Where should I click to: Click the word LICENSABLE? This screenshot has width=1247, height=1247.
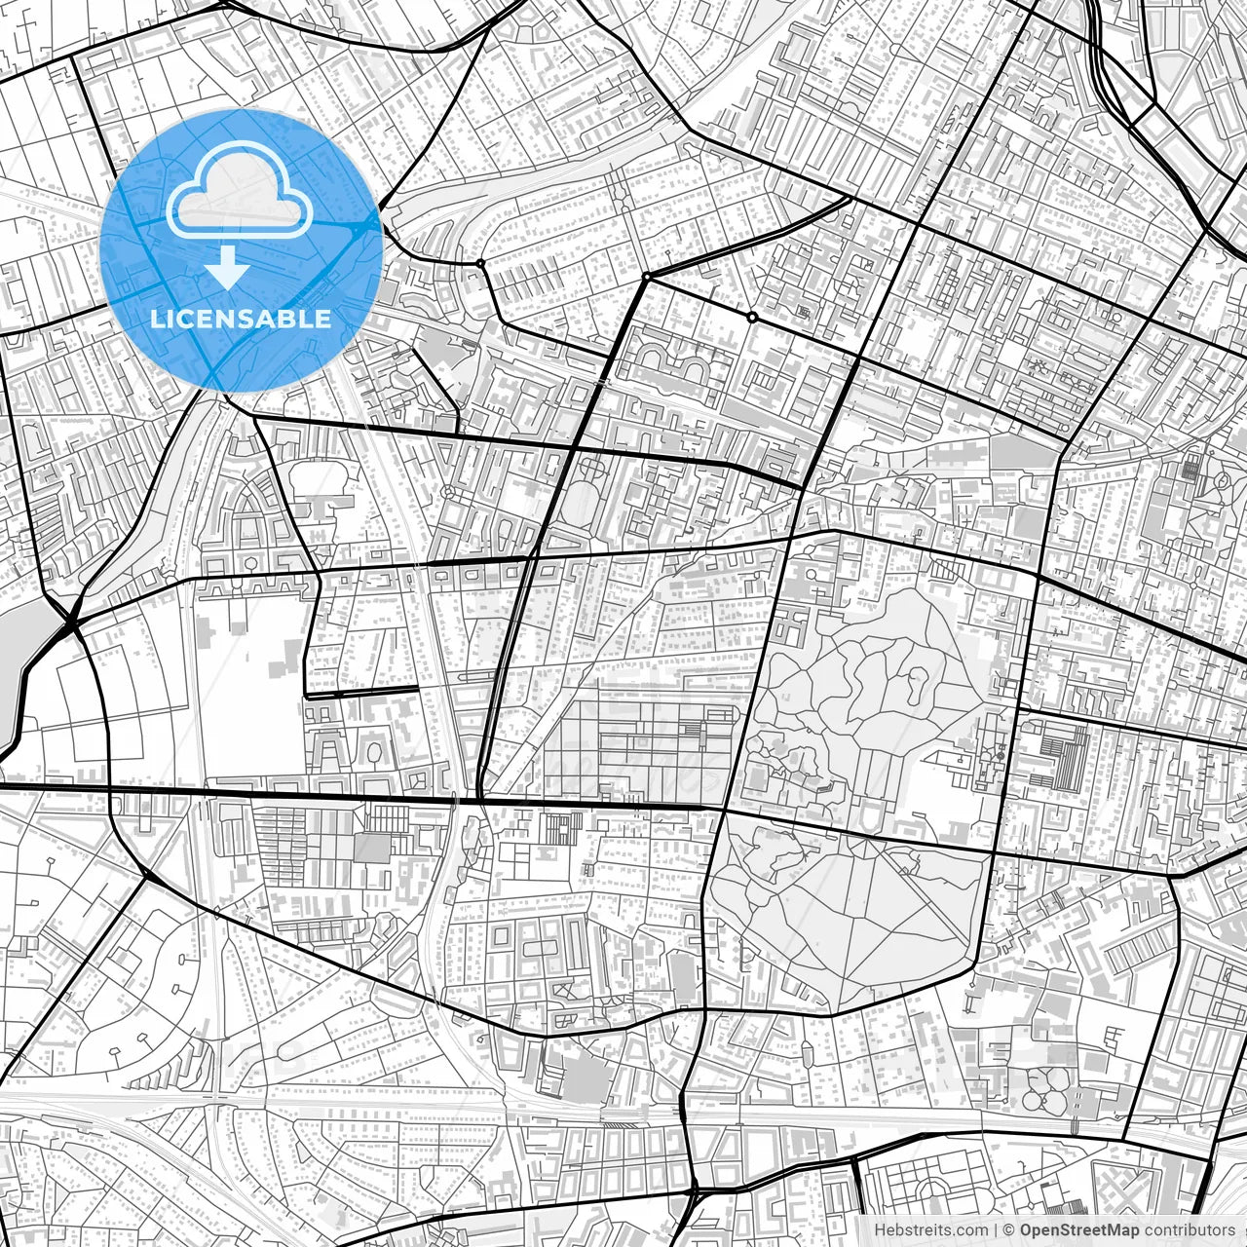point(241,319)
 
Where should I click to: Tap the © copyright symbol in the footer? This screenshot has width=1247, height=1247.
point(1010,1230)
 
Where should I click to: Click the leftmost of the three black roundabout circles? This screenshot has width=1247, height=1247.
point(480,263)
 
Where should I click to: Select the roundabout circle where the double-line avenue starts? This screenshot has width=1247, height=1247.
point(646,278)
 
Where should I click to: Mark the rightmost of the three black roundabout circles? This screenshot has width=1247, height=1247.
point(751,318)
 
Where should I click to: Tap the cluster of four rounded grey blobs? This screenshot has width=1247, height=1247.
point(1047,1091)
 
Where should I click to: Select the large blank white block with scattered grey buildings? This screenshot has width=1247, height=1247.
point(251,682)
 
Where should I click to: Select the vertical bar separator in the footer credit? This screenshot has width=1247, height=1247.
point(995,1230)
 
